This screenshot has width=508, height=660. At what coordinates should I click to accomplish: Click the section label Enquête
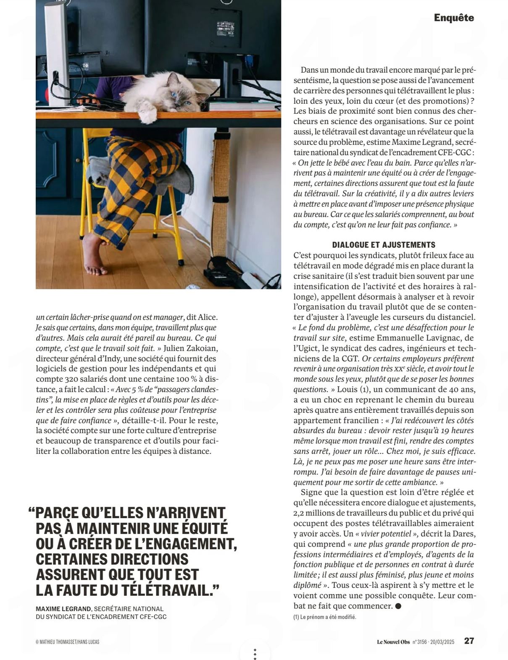coord(453,18)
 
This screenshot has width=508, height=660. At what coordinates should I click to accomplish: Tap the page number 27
coord(469,641)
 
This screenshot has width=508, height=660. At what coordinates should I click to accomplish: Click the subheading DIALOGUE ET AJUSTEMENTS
coord(384,245)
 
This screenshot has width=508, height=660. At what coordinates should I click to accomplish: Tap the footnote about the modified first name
coord(324,617)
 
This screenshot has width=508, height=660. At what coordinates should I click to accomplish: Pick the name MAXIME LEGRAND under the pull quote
coord(63,609)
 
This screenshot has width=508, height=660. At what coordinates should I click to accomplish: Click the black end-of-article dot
coord(398,606)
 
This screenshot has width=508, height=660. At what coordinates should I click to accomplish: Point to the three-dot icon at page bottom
coord(255,653)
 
